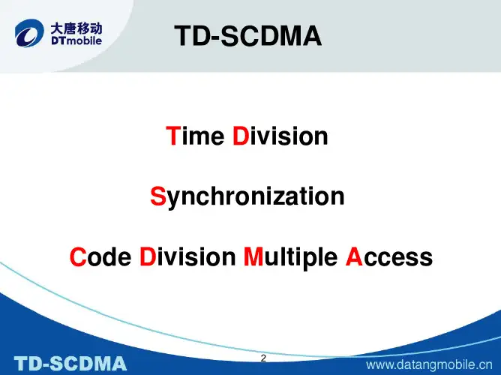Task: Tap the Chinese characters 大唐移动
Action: (x=76, y=29)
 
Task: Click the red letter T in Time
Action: (x=172, y=136)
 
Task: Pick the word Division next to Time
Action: (x=280, y=136)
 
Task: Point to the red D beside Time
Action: (x=240, y=136)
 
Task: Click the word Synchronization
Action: (x=247, y=197)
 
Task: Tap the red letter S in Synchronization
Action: (x=157, y=197)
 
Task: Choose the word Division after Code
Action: (x=187, y=257)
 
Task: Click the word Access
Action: (x=388, y=257)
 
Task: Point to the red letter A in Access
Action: (x=354, y=257)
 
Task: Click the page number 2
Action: (x=263, y=358)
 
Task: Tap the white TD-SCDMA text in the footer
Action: (x=72, y=364)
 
